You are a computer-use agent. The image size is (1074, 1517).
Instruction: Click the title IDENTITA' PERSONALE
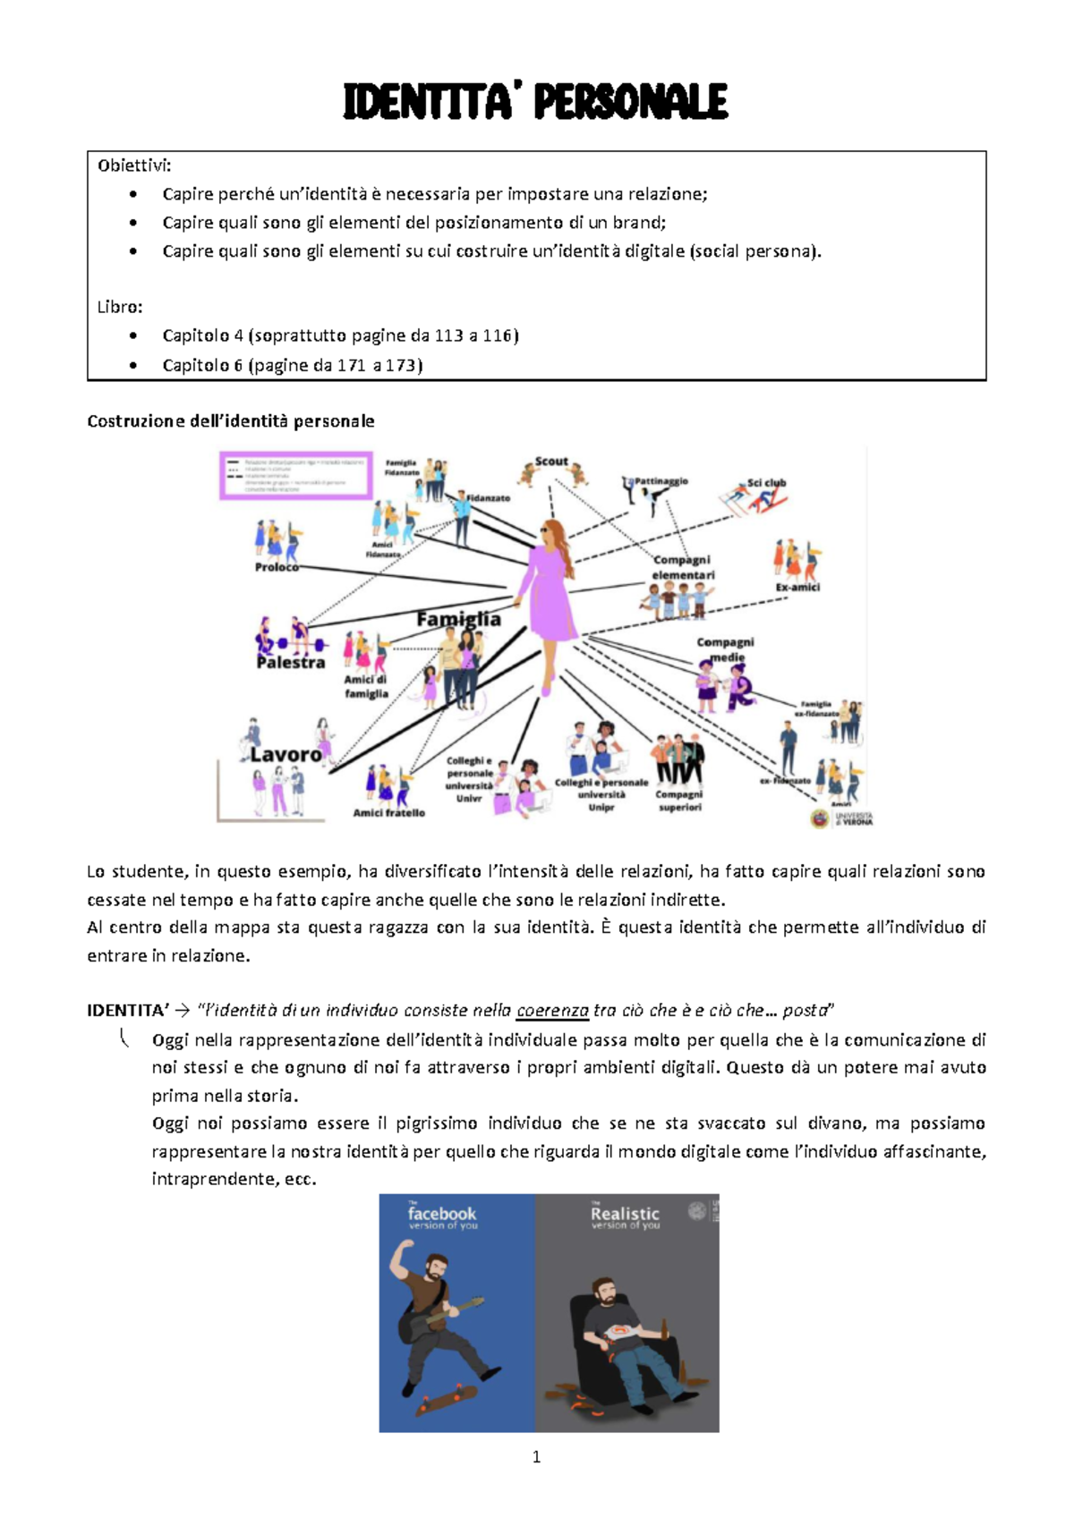pyautogui.click(x=535, y=102)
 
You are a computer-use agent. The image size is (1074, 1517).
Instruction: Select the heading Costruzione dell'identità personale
pyautogui.click(x=230, y=420)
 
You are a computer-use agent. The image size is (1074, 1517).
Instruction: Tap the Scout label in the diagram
pyautogui.click(x=551, y=462)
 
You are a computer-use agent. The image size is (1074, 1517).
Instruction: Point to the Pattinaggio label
pyautogui.click(x=661, y=481)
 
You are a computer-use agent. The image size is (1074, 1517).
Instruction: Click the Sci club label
pyautogui.click(x=767, y=483)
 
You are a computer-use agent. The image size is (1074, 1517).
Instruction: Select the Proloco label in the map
pyautogui.click(x=277, y=567)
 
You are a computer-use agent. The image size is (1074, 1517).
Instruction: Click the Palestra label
pyautogui.click(x=291, y=663)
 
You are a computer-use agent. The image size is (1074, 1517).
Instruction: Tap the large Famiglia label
pyautogui.click(x=459, y=619)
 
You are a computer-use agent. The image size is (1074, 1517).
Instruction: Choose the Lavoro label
pyautogui.click(x=286, y=754)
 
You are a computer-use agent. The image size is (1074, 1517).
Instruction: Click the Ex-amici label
pyautogui.click(x=797, y=588)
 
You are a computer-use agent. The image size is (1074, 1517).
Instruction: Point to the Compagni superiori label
pyautogui.click(x=679, y=801)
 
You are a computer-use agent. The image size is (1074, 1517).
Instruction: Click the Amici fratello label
pyautogui.click(x=388, y=813)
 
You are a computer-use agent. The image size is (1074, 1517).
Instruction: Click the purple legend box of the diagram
pyautogui.click(x=296, y=474)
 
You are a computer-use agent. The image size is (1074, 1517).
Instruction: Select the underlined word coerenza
pyautogui.click(x=552, y=1011)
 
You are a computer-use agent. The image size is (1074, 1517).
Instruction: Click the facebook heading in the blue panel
pyautogui.click(x=442, y=1214)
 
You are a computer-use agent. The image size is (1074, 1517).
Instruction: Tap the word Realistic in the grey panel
pyautogui.click(x=625, y=1214)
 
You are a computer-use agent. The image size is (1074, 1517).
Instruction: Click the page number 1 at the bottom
pyautogui.click(x=536, y=1457)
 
